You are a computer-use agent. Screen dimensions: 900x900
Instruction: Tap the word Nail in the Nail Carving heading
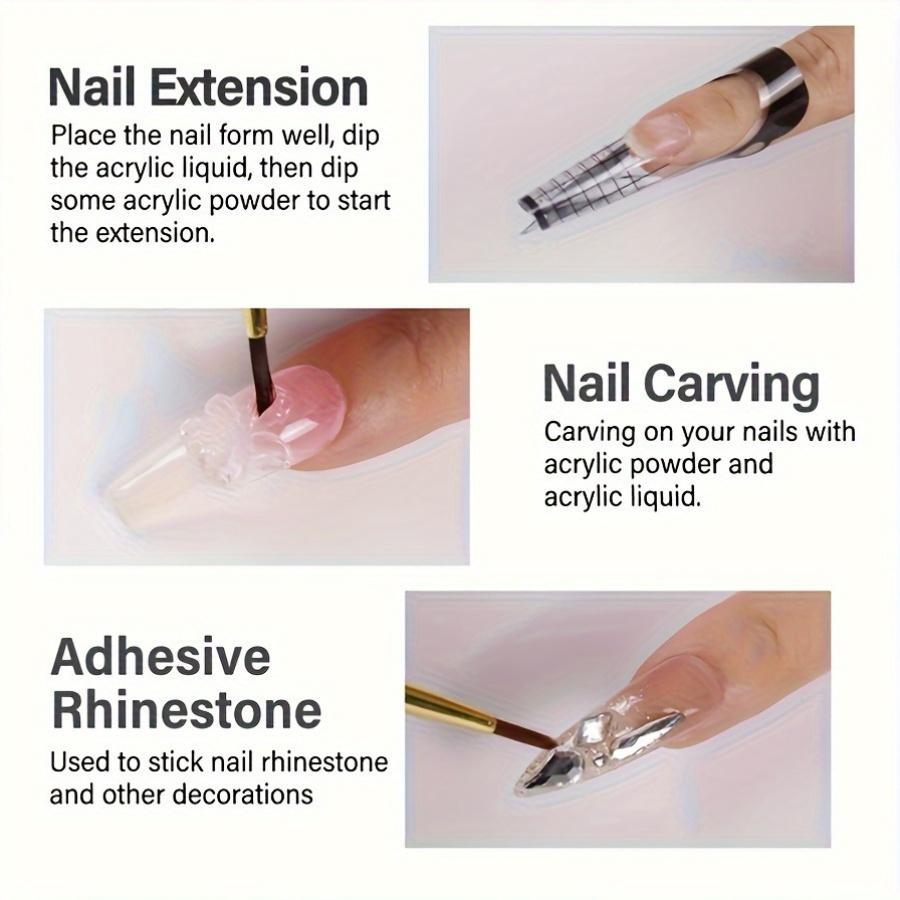click(587, 385)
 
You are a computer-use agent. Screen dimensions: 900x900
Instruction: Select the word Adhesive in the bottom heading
click(160, 657)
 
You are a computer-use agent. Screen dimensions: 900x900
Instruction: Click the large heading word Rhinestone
click(186, 710)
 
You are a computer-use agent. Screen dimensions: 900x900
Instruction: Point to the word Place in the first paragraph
click(83, 135)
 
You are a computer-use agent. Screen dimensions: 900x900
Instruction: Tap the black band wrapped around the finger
click(775, 95)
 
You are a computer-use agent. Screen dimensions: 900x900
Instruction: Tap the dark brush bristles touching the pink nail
click(262, 380)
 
